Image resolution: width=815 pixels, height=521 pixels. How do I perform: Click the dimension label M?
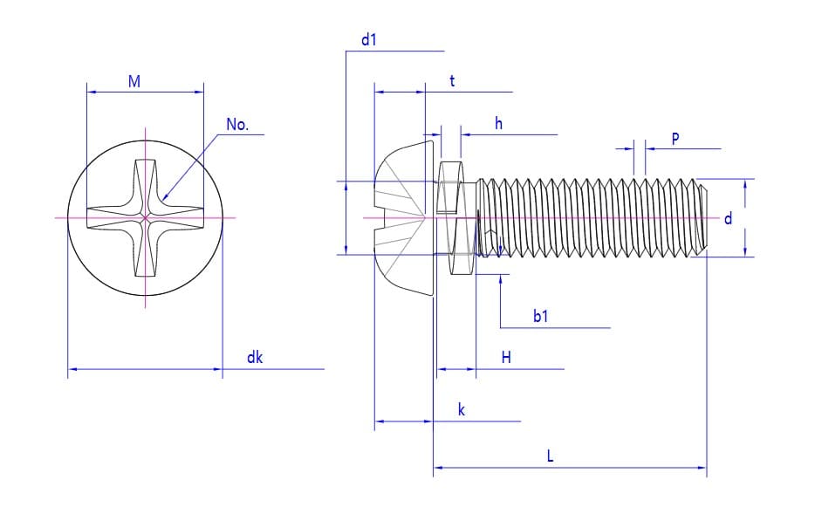pyautogui.click(x=134, y=82)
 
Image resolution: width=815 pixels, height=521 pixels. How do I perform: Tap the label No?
pyautogui.click(x=237, y=125)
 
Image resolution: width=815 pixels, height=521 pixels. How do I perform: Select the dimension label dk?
pyautogui.click(x=255, y=357)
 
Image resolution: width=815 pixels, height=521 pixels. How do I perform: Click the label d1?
pyautogui.click(x=368, y=40)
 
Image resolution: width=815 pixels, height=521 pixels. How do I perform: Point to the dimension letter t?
pyautogui.click(x=452, y=81)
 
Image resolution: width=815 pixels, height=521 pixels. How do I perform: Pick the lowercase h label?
pyautogui.click(x=498, y=124)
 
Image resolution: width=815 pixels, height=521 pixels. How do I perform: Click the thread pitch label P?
pyautogui.click(x=675, y=138)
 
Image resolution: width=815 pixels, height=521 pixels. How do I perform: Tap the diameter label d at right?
pyautogui.click(x=729, y=218)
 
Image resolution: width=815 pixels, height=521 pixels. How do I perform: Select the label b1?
pyautogui.click(x=541, y=316)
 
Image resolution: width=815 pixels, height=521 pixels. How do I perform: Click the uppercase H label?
pyautogui.click(x=506, y=357)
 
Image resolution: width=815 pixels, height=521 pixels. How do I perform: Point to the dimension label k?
pyautogui.click(x=462, y=409)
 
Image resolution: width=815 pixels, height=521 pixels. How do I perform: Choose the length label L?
pyautogui.click(x=550, y=456)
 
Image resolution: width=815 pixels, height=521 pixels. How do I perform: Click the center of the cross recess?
pyautogui.click(x=146, y=217)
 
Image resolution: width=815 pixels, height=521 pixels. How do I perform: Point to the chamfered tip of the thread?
pyautogui.click(x=702, y=218)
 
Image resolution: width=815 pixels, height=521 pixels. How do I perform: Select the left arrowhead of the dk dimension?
pyautogui.click(x=70, y=369)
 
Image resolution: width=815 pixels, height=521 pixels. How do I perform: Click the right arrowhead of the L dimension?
pyautogui.click(x=704, y=468)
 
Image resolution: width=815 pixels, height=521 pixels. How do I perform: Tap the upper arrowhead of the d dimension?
pyautogui.click(x=745, y=182)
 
